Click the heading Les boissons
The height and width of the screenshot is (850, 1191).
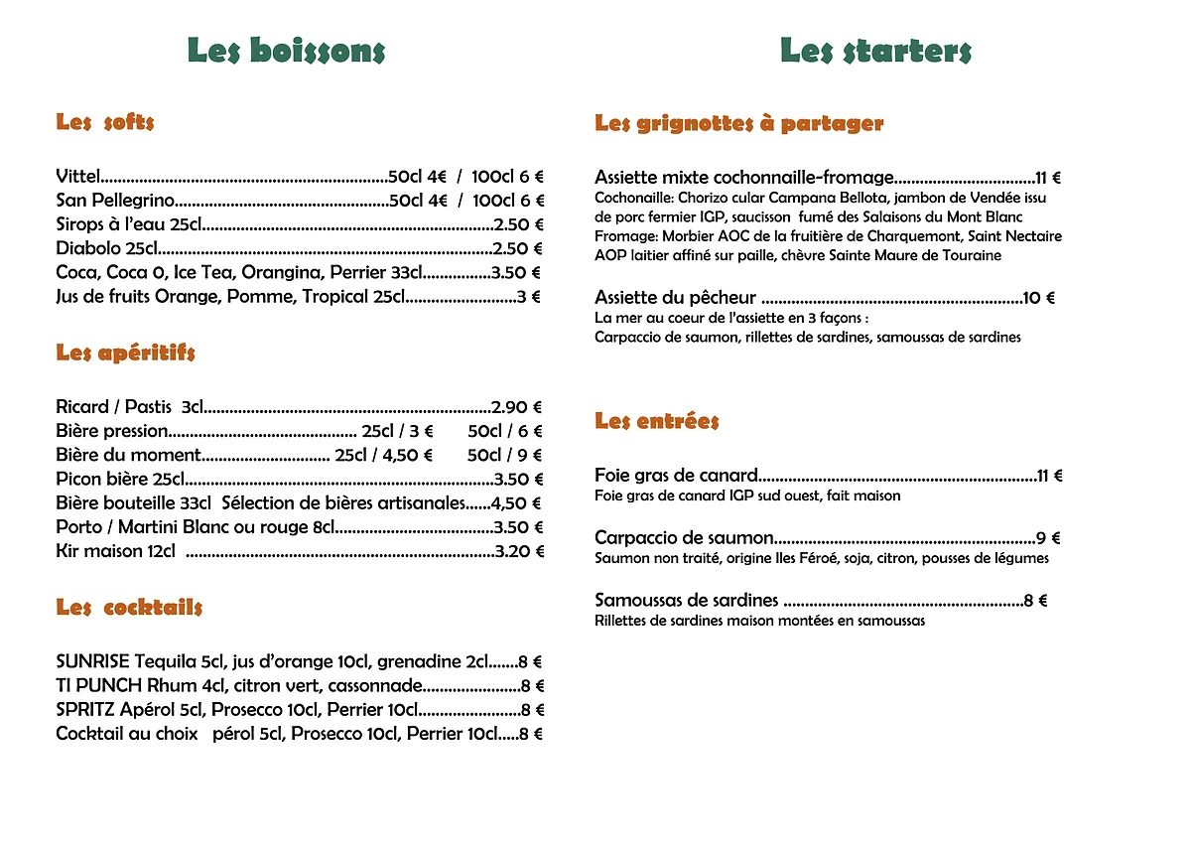286,51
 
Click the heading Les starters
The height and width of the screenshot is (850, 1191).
875,51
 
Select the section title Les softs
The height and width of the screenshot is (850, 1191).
105,123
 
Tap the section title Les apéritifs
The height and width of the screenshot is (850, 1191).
126,354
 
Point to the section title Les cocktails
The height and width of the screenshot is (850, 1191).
129,608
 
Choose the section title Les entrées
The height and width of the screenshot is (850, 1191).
656,421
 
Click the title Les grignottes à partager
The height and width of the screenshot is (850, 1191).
738,124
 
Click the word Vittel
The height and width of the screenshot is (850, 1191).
78,177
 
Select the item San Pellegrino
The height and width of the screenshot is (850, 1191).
115,201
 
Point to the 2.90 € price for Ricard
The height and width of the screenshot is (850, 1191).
517,407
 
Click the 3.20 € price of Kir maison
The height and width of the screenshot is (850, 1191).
519,551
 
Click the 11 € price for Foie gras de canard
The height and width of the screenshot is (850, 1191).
1049,477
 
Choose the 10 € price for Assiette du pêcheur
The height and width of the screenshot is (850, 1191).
1038,298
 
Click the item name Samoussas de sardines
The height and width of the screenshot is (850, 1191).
686,601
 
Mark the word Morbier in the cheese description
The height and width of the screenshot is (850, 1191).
684,236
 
